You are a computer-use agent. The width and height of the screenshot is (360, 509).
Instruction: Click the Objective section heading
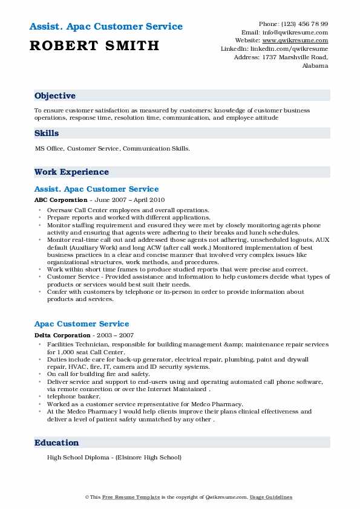[x=55, y=96]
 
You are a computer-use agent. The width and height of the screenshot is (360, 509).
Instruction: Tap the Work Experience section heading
[x=71, y=172]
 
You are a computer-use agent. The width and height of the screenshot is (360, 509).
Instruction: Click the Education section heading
[x=56, y=443]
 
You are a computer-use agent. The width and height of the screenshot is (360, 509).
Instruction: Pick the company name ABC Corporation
[x=61, y=200]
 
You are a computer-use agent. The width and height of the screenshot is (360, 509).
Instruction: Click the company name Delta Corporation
[x=63, y=336]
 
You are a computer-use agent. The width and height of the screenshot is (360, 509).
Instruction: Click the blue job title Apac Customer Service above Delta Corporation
[x=82, y=324]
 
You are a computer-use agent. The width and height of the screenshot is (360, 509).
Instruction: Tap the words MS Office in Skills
[x=49, y=148]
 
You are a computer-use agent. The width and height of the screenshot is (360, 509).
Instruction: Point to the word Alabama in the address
[x=315, y=66]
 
